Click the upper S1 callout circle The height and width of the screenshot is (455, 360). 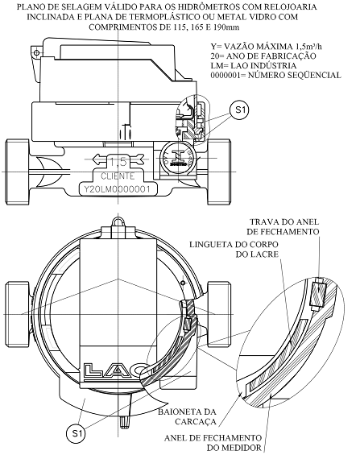tap(239, 110)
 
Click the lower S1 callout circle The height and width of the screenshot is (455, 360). tap(76, 433)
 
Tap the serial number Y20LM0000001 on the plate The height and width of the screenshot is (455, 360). tap(118, 189)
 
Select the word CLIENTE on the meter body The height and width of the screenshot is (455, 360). tap(118, 176)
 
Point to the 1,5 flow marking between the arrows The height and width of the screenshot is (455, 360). tap(118, 162)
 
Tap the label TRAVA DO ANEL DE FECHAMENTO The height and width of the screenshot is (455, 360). tap(283, 226)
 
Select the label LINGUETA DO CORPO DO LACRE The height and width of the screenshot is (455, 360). tap(234, 250)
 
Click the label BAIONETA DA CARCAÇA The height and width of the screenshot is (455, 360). tap(188, 416)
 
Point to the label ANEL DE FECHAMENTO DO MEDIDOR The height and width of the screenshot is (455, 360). tap(213, 442)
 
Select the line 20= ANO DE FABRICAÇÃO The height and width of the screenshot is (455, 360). tap(263, 56)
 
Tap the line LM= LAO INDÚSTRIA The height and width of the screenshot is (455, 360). tap(254, 65)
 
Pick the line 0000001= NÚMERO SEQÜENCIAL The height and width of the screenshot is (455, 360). tap(276, 75)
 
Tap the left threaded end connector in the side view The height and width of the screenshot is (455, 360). tap(17, 172)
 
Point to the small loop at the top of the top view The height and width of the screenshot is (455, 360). tap(118, 221)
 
